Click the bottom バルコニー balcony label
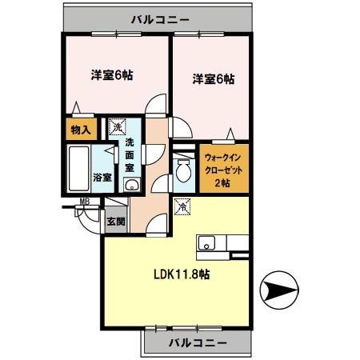pyautogui.click(x=194, y=343)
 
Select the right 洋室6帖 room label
pyautogui.click(x=213, y=79)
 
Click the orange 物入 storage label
pyautogui.click(x=81, y=130)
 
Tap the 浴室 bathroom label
pyautogui.click(x=102, y=177)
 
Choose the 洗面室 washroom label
pyautogui.click(x=130, y=156)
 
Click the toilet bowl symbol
pyautogui.click(x=183, y=170)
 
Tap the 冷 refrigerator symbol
pyautogui.click(x=182, y=206)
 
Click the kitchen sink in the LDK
pyautogui.click(x=205, y=242)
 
